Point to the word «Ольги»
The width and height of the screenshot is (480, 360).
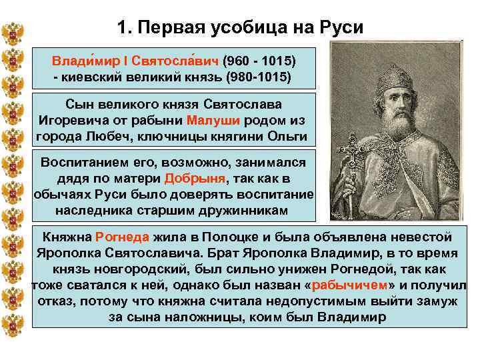point(285,137)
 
